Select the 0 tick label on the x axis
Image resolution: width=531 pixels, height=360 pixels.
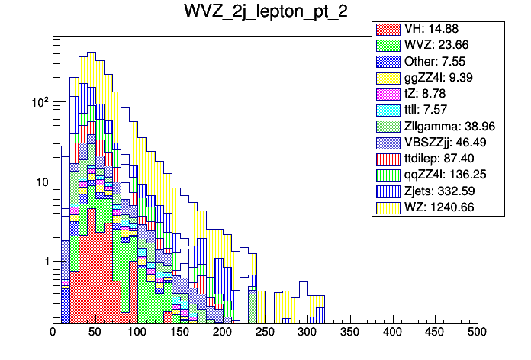point(53,332)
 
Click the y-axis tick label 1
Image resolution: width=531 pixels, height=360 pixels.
point(43,262)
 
